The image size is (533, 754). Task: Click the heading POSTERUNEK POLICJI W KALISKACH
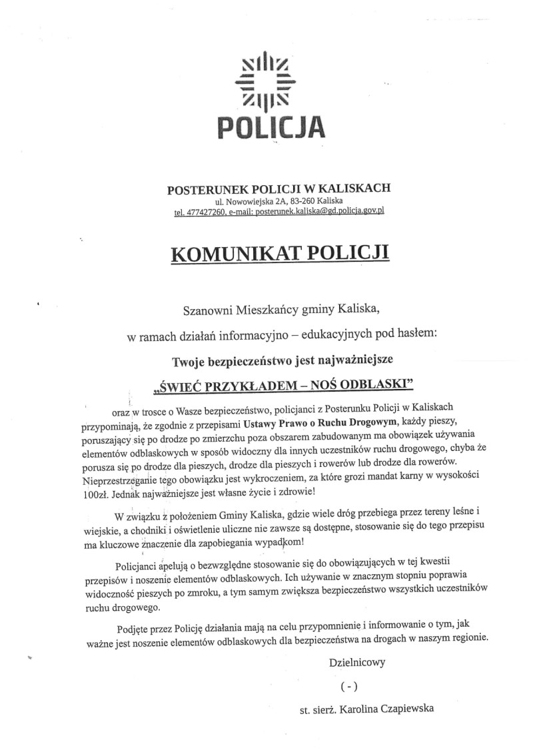click(278, 188)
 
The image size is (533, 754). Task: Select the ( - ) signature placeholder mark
click(348, 686)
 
